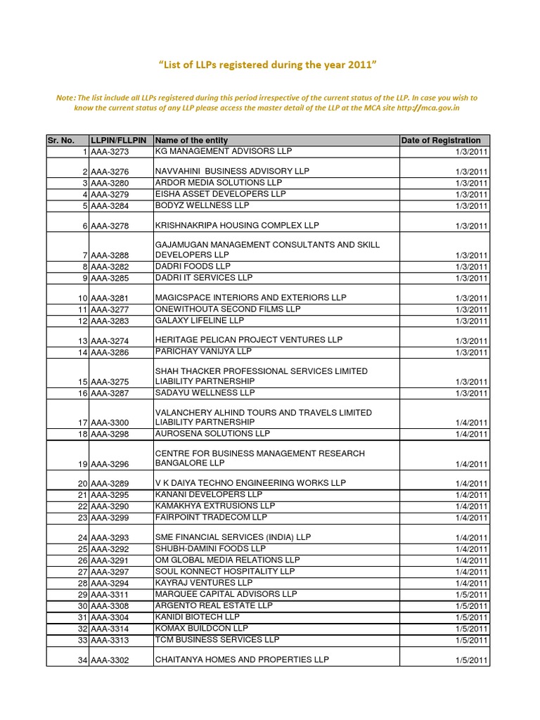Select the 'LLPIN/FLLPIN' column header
pos(119,141)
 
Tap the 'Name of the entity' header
pos(192,141)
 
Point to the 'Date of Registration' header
pos(441,141)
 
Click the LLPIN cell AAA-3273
pos(110,153)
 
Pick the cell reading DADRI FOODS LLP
pos(193,266)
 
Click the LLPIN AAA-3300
pos(110,423)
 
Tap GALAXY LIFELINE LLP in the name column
pos(200,321)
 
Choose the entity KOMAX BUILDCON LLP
pos(202,628)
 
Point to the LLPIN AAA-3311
pos(110,595)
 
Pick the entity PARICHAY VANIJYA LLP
pos(203,351)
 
